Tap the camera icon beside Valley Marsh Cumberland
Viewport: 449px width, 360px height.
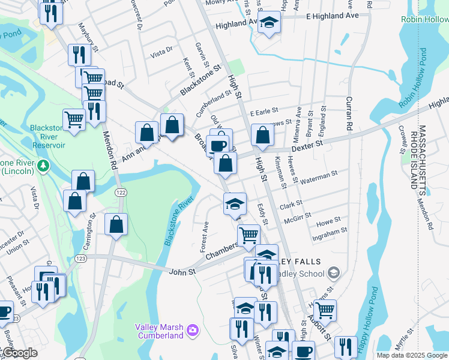pyautogui.click(x=192, y=329)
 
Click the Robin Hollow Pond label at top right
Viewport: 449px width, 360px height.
pyautogui.click(x=425, y=19)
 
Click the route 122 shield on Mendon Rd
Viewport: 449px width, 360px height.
pyautogui.click(x=121, y=192)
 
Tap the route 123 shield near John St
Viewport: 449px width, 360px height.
pyautogui.click(x=80, y=258)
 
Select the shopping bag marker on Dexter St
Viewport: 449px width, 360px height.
pyautogui.click(x=262, y=135)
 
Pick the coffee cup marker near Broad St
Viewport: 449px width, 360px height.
pyautogui.click(x=217, y=145)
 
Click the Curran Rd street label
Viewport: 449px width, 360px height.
pyautogui.click(x=348, y=113)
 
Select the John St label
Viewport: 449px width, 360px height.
pyautogui.click(x=183, y=272)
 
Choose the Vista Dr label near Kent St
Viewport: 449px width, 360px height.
pyautogui.click(x=161, y=53)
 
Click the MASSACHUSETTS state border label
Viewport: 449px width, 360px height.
pyautogui.click(x=422, y=157)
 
